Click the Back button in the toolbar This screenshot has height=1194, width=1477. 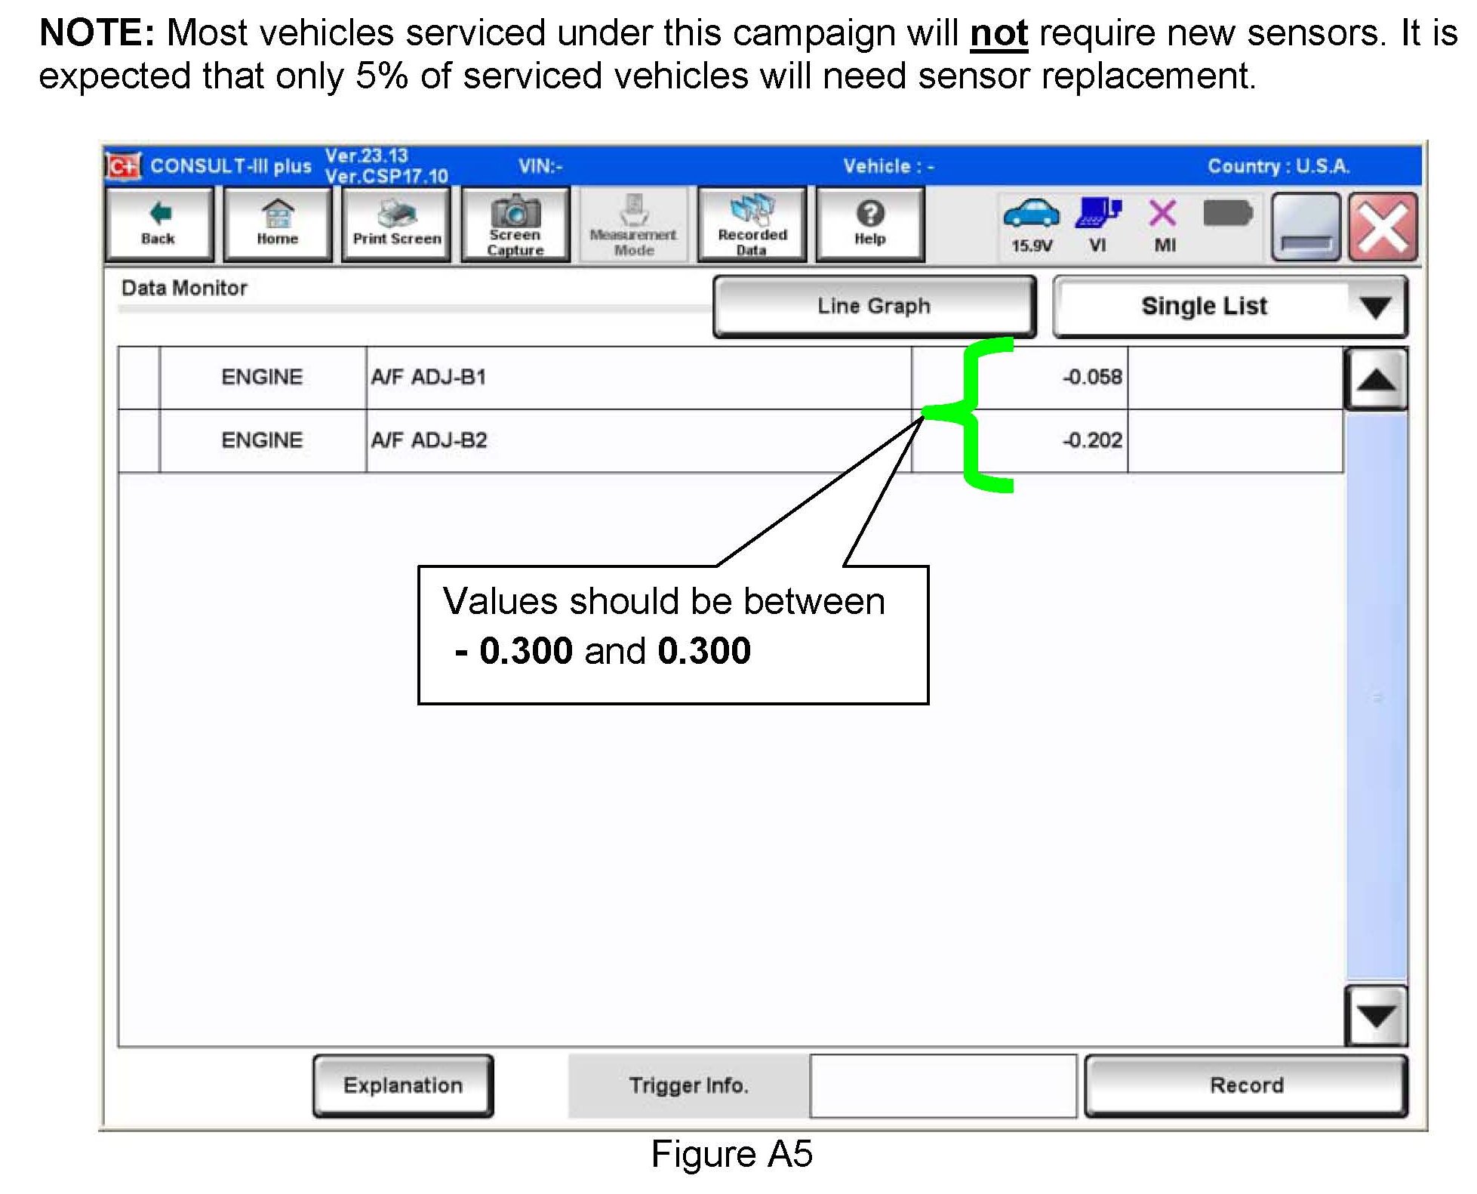(158, 224)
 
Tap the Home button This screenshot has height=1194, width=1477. (277, 224)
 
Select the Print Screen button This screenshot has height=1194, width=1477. (396, 224)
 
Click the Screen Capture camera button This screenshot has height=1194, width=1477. (515, 224)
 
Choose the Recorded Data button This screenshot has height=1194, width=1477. (752, 224)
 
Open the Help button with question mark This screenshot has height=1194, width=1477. (870, 224)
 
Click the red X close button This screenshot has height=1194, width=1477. (1383, 227)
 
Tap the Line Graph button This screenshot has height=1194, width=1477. (874, 306)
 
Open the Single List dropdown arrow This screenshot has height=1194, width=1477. (1375, 307)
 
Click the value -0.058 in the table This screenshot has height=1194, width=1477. (1092, 377)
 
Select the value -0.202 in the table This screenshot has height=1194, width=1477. (1092, 440)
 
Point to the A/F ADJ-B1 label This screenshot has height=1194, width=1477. (429, 377)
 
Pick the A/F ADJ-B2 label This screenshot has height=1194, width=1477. (429, 440)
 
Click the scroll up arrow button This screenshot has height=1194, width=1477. (1376, 379)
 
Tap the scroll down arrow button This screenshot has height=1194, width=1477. (1376, 1017)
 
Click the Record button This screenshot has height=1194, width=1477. (1246, 1085)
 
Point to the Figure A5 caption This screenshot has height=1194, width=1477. (731, 1154)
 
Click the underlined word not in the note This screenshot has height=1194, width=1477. (999, 34)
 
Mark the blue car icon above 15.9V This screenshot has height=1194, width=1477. (1031, 213)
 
